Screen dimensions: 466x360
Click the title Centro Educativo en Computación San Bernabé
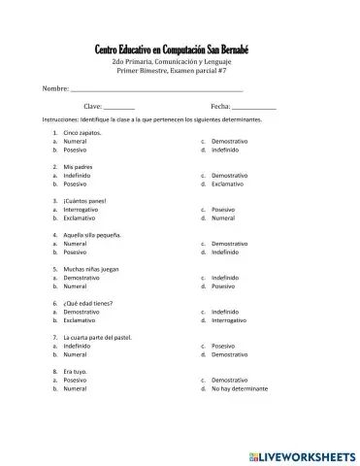coord(180,50)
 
